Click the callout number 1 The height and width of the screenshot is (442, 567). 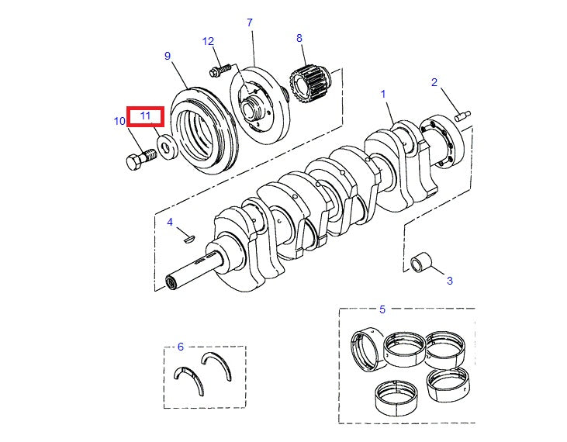(382, 93)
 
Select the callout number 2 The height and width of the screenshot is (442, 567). (434, 82)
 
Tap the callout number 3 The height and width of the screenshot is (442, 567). (449, 281)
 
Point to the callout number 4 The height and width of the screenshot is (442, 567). (170, 223)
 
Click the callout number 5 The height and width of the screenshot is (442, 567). (382, 309)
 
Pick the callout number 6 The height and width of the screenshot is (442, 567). (180, 347)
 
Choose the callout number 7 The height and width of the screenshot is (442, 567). (250, 22)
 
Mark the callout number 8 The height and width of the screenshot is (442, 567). (299, 37)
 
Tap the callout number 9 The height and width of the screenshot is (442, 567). (168, 56)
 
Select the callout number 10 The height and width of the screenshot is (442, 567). (119, 121)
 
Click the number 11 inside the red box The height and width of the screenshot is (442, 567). (145, 116)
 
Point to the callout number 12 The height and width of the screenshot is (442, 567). (208, 41)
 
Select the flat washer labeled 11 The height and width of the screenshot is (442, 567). (165, 147)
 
